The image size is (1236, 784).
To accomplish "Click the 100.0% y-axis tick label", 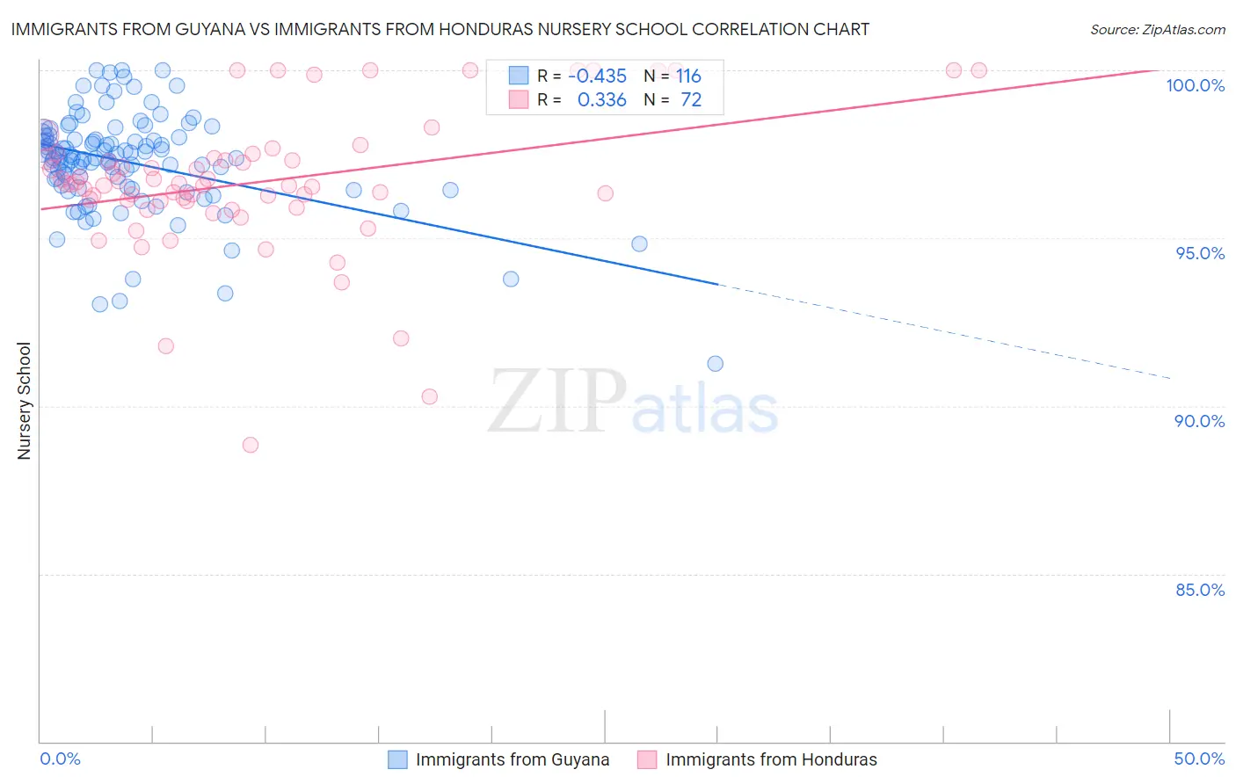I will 1195,85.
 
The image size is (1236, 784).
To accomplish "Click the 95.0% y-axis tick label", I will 1200,253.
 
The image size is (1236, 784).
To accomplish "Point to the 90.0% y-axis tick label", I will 1200,421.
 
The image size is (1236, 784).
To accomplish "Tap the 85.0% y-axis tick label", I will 1200,590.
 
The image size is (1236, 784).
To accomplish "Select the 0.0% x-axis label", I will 60,759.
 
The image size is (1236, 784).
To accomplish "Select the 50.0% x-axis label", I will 1199,759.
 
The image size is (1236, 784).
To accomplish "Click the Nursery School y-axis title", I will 25,401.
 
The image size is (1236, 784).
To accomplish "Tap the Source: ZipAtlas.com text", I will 1157,29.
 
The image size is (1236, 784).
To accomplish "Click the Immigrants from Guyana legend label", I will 512,759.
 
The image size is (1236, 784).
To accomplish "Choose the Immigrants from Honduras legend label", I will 771,759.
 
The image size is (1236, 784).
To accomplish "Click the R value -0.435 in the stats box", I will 597,76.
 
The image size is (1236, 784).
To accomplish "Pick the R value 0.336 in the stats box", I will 601,100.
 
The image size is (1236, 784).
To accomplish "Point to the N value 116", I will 688,76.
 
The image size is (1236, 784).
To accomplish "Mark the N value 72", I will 691,100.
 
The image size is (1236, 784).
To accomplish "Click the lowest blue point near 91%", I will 716,364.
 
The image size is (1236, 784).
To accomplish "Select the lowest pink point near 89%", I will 251,445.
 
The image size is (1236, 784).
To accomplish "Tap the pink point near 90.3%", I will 430,396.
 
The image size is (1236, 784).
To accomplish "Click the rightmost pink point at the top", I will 978,70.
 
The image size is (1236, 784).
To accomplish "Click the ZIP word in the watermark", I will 556,402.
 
